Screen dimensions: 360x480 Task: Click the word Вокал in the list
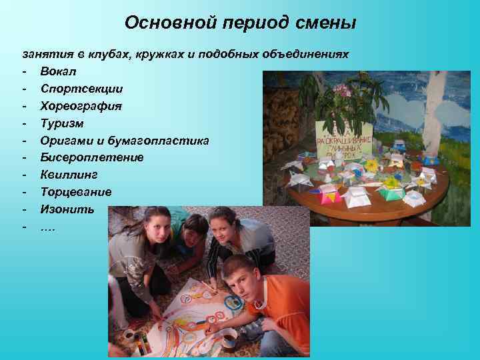58,71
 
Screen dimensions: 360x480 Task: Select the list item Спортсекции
81,88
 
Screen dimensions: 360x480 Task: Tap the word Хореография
81,105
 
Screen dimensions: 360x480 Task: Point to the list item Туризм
62,123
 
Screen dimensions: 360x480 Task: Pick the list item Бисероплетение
91,157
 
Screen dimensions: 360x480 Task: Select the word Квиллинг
69,175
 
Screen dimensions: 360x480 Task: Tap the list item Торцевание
75,192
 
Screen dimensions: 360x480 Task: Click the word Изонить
67,209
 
